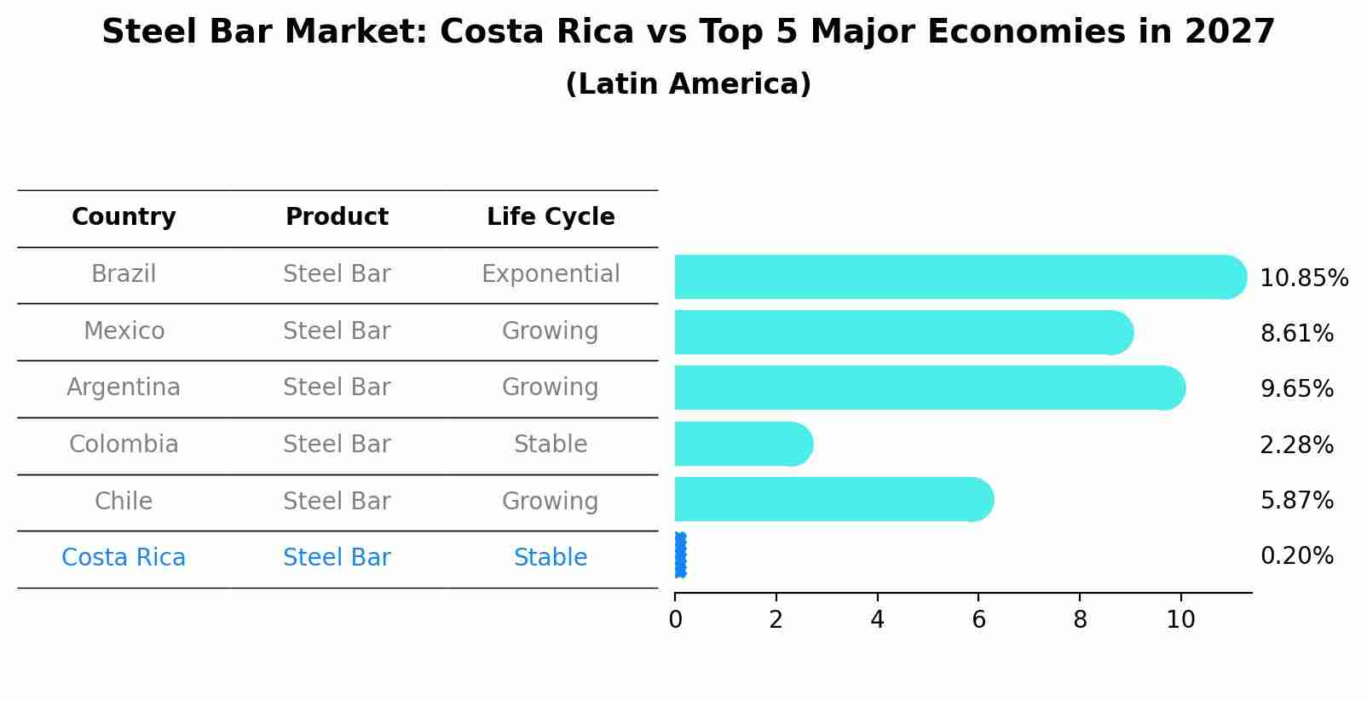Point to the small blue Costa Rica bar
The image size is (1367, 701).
click(x=680, y=555)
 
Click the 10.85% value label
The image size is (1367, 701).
click(x=1303, y=279)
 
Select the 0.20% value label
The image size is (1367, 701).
click(x=1296, y=556)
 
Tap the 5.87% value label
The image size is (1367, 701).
click(x=1296, y=500)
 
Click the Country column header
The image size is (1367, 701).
click(x=124, y=217)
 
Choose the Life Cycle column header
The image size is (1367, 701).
click(x=551, y=217)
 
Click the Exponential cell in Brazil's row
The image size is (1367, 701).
click(x=551, y=274)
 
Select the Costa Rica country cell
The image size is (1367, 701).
click(x=124, y=558)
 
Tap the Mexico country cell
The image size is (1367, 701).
click(x=124, y=330)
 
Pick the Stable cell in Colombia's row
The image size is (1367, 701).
click(x=551, y=445)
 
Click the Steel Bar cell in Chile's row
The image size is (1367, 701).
click(x=337, y=501)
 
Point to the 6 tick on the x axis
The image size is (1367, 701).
click(x=978, y=619)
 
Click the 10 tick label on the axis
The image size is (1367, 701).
click(x=1180, y=619)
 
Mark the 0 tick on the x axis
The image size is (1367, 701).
click(x=675, y=619)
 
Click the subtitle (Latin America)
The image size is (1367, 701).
click(x=688, y=84)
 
